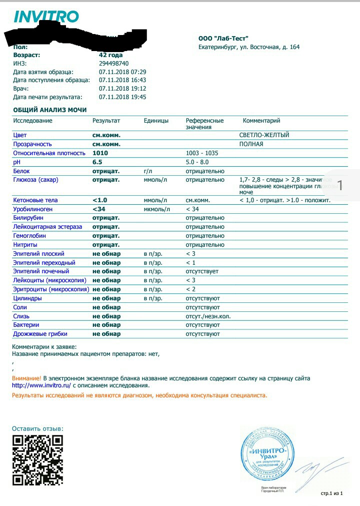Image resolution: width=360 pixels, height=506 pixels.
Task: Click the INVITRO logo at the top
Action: [46, 17]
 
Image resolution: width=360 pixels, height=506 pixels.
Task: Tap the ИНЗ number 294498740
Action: [113, 64]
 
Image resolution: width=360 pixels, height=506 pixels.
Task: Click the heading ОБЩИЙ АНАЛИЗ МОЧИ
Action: [50, 110]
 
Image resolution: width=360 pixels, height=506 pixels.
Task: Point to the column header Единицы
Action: [156, 121]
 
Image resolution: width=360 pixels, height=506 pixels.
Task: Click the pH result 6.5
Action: [97, 162]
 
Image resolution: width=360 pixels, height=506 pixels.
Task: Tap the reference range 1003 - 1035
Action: [202, 153]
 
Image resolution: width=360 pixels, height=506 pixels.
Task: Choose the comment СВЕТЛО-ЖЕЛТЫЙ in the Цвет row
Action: [264, 135]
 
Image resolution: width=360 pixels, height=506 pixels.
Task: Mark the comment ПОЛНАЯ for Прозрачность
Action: [251, 144]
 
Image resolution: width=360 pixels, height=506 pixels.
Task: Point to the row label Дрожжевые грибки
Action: [40, 334]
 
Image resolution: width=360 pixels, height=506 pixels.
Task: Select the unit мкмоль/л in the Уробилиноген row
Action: [157, 209]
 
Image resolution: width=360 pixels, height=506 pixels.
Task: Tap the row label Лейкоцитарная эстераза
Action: [47, 227]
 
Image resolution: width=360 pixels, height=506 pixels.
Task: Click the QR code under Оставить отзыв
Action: [38, 460]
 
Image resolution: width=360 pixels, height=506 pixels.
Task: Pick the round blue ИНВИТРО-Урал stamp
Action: [267, 453]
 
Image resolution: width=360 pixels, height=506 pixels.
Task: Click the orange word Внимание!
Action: [26, 378]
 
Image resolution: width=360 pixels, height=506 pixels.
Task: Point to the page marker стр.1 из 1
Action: [331, 493]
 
